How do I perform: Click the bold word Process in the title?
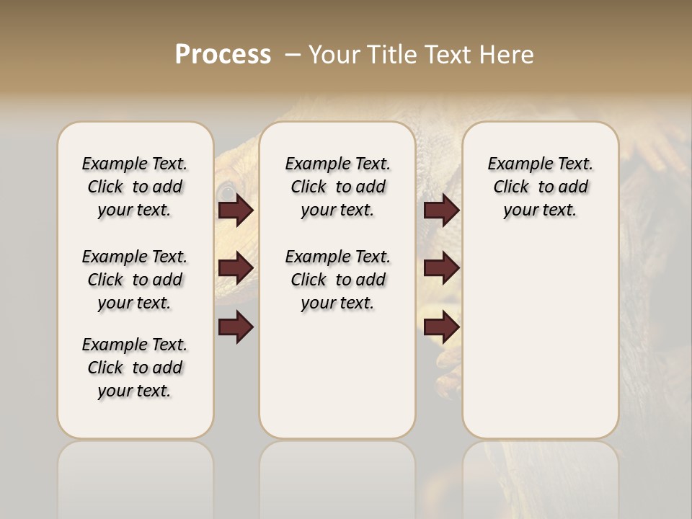(223, 55)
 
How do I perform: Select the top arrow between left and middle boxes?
(236, 210)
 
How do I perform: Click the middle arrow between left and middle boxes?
(236, 268)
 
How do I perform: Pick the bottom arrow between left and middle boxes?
(236, 327)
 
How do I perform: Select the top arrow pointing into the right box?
(441, 210)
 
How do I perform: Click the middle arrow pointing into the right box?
(441, 268)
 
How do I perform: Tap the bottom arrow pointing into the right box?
(441, 327)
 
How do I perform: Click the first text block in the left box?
(135, 187)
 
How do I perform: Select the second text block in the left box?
(135, 280)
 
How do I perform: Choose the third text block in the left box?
(135, 368)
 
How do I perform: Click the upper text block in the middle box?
(337, 187)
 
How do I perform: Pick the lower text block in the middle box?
(337, 280)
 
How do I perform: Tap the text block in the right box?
(540, 187)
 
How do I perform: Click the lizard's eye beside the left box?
(226, 192)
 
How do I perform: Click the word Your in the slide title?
(329, 55)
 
